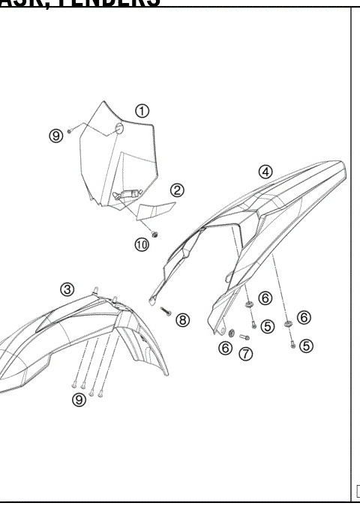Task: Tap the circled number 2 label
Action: (x=177, y=190)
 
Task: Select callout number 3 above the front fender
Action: (x=67, y=289)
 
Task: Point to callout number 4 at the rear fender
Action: (x=265, y=171)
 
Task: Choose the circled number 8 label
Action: (x=183, y=320)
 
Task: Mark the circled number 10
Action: (x=142, y=244)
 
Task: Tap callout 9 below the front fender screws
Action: (x=79, y=400)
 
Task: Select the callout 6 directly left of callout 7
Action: (x=225, y=347)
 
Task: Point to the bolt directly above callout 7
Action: (x=244, y=337)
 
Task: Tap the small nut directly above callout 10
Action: (x=154, y=234)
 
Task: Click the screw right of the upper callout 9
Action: (x=70, y=130)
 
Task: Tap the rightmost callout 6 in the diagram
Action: (x=304, y=317)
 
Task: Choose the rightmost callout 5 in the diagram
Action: (x=306, y=346)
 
